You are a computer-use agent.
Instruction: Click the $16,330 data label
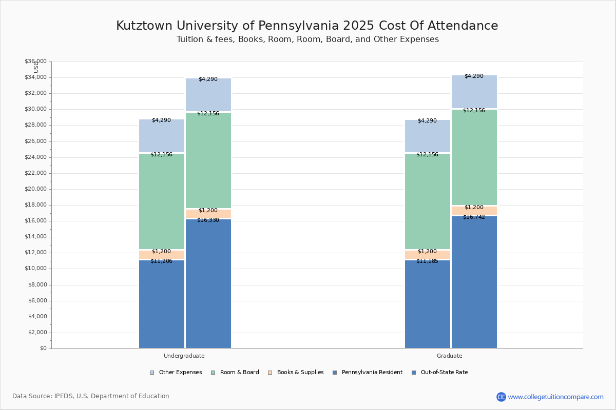[208, 220]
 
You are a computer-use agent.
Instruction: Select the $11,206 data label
[161, 261]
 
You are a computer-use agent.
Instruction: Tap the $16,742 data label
[474, 217]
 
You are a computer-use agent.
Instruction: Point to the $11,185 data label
[427, 261]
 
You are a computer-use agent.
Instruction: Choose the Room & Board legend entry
[239, 373]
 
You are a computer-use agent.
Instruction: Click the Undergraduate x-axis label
[184, 356]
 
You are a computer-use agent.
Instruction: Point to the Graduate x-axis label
[450, 356]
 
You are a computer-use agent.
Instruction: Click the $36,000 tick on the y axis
[35, 61]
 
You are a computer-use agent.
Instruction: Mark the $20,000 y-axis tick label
[35, 189]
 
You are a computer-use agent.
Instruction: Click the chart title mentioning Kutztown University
[307, 26]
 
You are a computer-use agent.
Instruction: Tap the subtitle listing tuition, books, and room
[307, 39]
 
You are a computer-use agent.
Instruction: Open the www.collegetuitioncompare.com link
[555, 397]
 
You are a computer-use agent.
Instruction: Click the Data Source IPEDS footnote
[91, 396]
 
